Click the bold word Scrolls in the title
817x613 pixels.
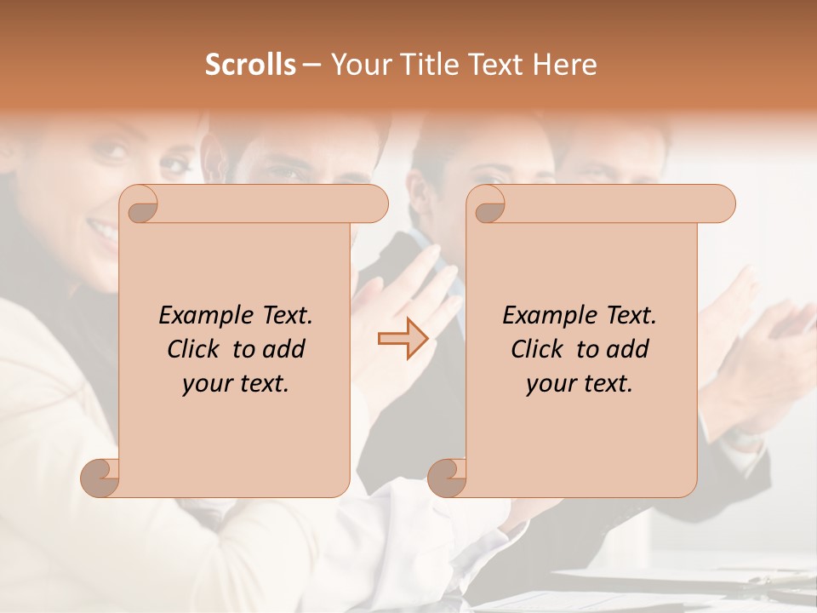click(x=251, y=65)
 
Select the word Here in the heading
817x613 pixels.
click(x=565, y=65)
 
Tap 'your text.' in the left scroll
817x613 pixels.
click(x=236, y=383)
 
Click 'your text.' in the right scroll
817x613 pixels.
click(x=580, y=383)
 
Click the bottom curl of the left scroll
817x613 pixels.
click(x=100, y=478)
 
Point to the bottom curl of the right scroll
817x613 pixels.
click(x=447, y=478)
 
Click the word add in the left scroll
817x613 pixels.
click(x=285, y=349)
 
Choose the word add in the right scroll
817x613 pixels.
click(x=629, y=349)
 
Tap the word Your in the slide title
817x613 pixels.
click(x=358, y=65)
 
